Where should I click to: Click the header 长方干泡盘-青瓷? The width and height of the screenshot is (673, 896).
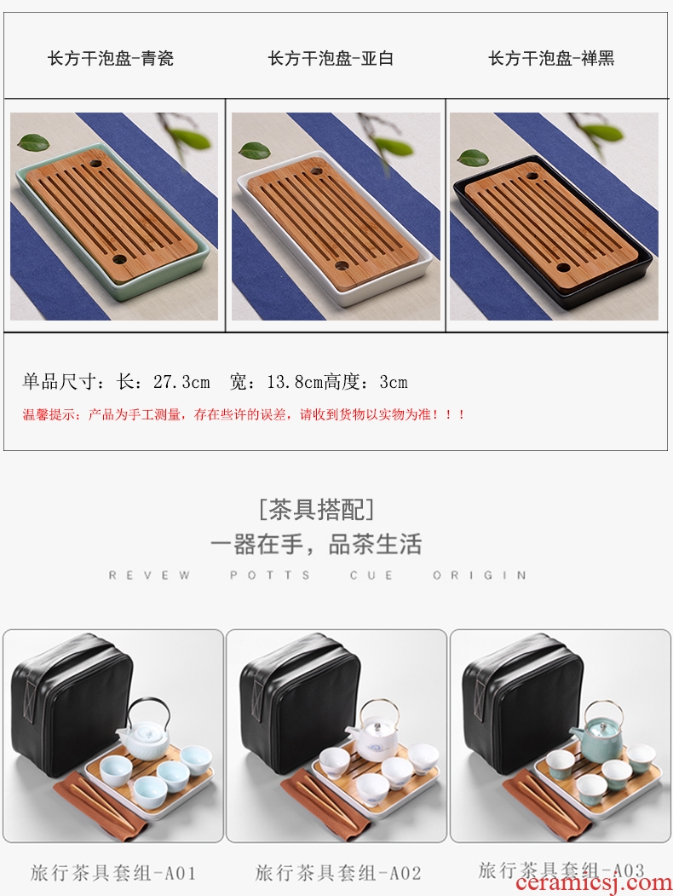(x=110, y=58)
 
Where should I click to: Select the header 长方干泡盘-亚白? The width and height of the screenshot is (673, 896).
(x=331, y=58)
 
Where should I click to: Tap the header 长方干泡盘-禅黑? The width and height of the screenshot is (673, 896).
(x=551, y=58)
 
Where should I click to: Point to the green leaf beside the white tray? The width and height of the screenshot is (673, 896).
(x=255, y=150)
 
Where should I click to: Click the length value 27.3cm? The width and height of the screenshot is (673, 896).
(x=181, y=381)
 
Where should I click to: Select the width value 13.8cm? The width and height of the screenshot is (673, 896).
(x=295, y=381)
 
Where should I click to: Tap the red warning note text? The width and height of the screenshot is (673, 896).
(x=244, y=414)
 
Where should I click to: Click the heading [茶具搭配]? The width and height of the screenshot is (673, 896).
(x=316, y=509)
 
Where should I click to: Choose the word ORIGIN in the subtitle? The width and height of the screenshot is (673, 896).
(x=480, y=575)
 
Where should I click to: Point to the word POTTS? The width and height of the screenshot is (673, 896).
(x=270, y=575)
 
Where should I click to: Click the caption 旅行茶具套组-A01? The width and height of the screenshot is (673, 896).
(x=113, y=873)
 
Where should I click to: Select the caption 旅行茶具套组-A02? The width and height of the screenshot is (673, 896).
(x=338, y=873)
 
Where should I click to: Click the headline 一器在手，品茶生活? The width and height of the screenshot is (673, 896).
(x=316, y=544)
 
